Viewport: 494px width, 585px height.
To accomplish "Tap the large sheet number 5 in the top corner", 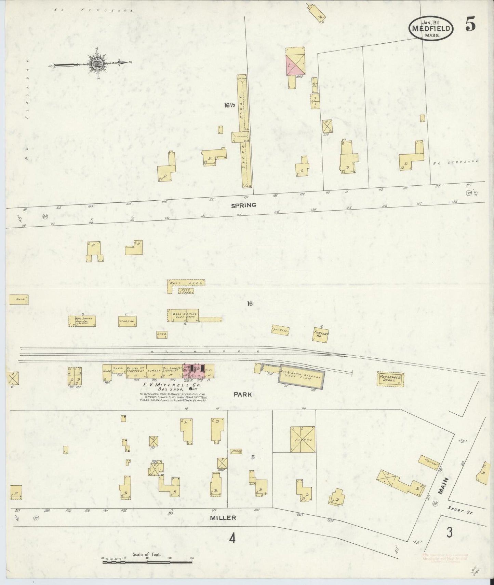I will [470, 24].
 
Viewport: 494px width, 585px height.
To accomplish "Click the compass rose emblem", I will [95, 63].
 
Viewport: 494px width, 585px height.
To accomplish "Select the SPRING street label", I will [243, 205].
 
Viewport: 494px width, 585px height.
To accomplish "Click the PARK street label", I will [243, 394].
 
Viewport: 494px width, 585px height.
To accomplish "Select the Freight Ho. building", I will [321, 334].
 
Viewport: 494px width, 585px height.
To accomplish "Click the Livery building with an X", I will [303, 439].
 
